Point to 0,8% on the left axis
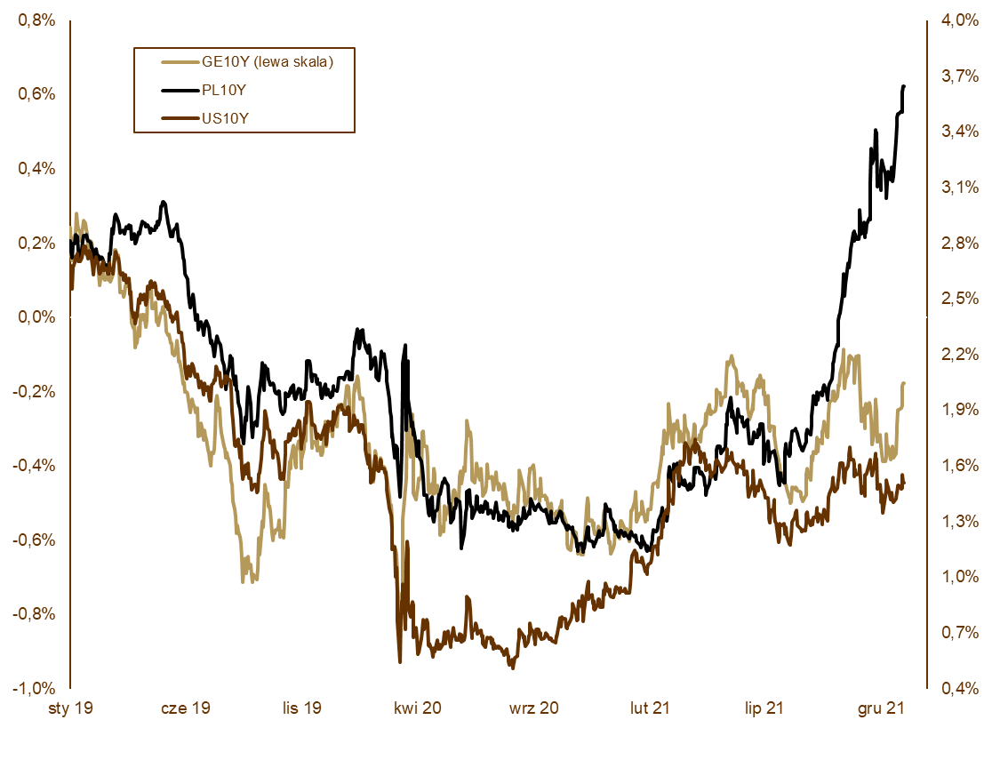[x=36, y=20]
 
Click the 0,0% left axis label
[x=36, y=317]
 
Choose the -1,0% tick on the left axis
[x=35, y=688]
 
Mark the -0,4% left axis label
[x=35, y=466]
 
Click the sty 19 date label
[x=70, y=708]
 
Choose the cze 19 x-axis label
[x=185, y=708]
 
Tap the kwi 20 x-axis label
[x=418, y=708]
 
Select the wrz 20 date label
[x=534, y=708]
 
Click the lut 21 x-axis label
[x=650, y=708]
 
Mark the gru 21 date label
[x=882, y=708]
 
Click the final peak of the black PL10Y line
[x=904, y=86]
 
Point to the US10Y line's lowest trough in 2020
[x=511, y=668]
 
